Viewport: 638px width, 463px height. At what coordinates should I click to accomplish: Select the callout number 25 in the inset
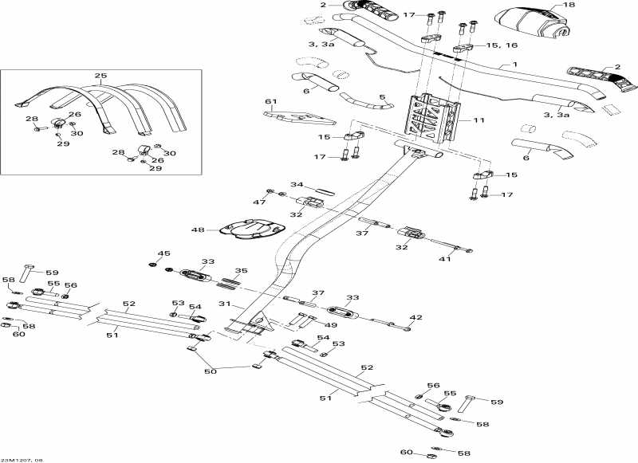(100, 77)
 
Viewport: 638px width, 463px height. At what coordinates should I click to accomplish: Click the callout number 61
(270, 102)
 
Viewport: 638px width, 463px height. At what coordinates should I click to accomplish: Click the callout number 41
(445, 259)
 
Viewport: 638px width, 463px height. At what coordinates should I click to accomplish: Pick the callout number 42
(415, 317)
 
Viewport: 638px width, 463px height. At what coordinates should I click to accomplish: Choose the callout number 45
(164, 254)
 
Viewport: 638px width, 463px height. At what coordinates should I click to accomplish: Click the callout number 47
(259, 203)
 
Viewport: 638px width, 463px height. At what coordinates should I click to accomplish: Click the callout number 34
(274, 185)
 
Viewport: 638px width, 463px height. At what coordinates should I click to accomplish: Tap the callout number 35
(241, 271)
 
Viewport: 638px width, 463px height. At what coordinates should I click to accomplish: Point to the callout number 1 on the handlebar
(514, 64)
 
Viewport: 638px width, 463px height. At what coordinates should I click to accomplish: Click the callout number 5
(382, 98)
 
